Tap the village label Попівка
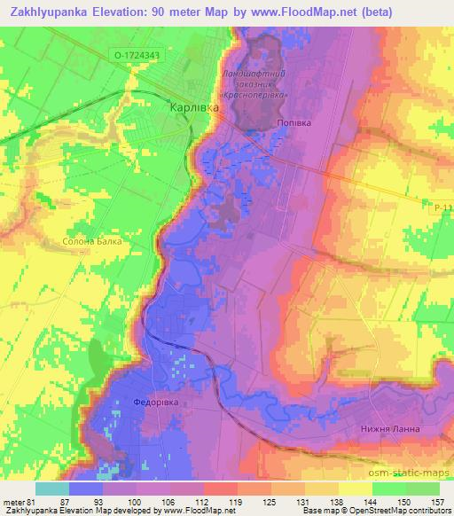click(294, 124)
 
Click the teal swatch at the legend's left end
click(51, 489)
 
